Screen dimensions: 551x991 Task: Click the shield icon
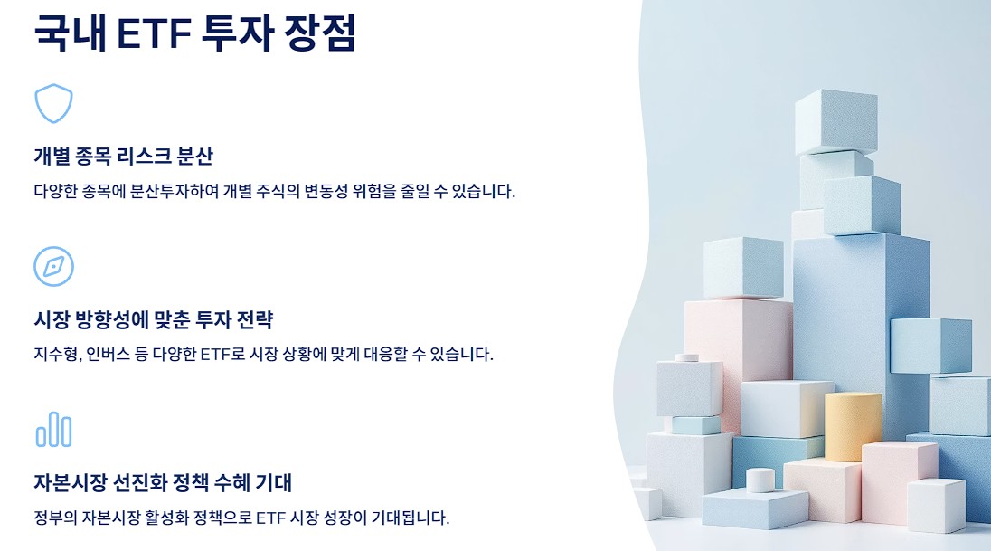(x=53, y=103)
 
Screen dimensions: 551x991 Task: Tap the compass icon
(x=53, y=266)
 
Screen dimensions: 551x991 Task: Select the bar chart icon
(x=53, y=429)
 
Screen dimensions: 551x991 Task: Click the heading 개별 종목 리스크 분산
(x=123, y=156)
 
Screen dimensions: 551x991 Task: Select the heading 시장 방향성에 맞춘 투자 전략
(x=153, y=319)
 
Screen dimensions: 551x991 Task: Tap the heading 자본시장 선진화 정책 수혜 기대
(x=163, y=482)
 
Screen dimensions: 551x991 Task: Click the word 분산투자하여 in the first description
(x=185, y=191)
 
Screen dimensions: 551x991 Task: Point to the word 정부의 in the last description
(x=54, y=518)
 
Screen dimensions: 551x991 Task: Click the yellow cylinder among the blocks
(x=852, y=425)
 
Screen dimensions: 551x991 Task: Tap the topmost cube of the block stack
(x=835, y=119)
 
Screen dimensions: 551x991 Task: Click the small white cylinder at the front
(x=760, y=480)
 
